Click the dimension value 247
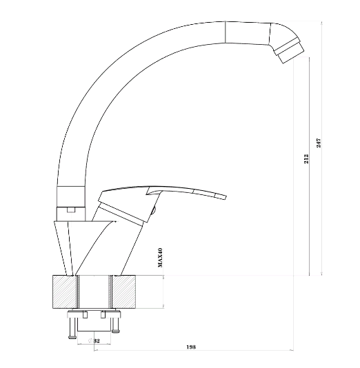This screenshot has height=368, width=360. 319,143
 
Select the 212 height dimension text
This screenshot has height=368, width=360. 306,159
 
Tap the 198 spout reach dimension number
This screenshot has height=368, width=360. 191,347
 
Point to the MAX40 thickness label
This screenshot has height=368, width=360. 160,258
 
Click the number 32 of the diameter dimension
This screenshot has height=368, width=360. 97,340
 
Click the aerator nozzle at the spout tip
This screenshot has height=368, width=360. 290,51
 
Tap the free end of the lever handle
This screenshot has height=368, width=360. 225,196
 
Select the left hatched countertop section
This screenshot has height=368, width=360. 64,292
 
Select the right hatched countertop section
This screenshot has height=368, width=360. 124,292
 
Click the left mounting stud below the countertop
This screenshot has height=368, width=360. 72,328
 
